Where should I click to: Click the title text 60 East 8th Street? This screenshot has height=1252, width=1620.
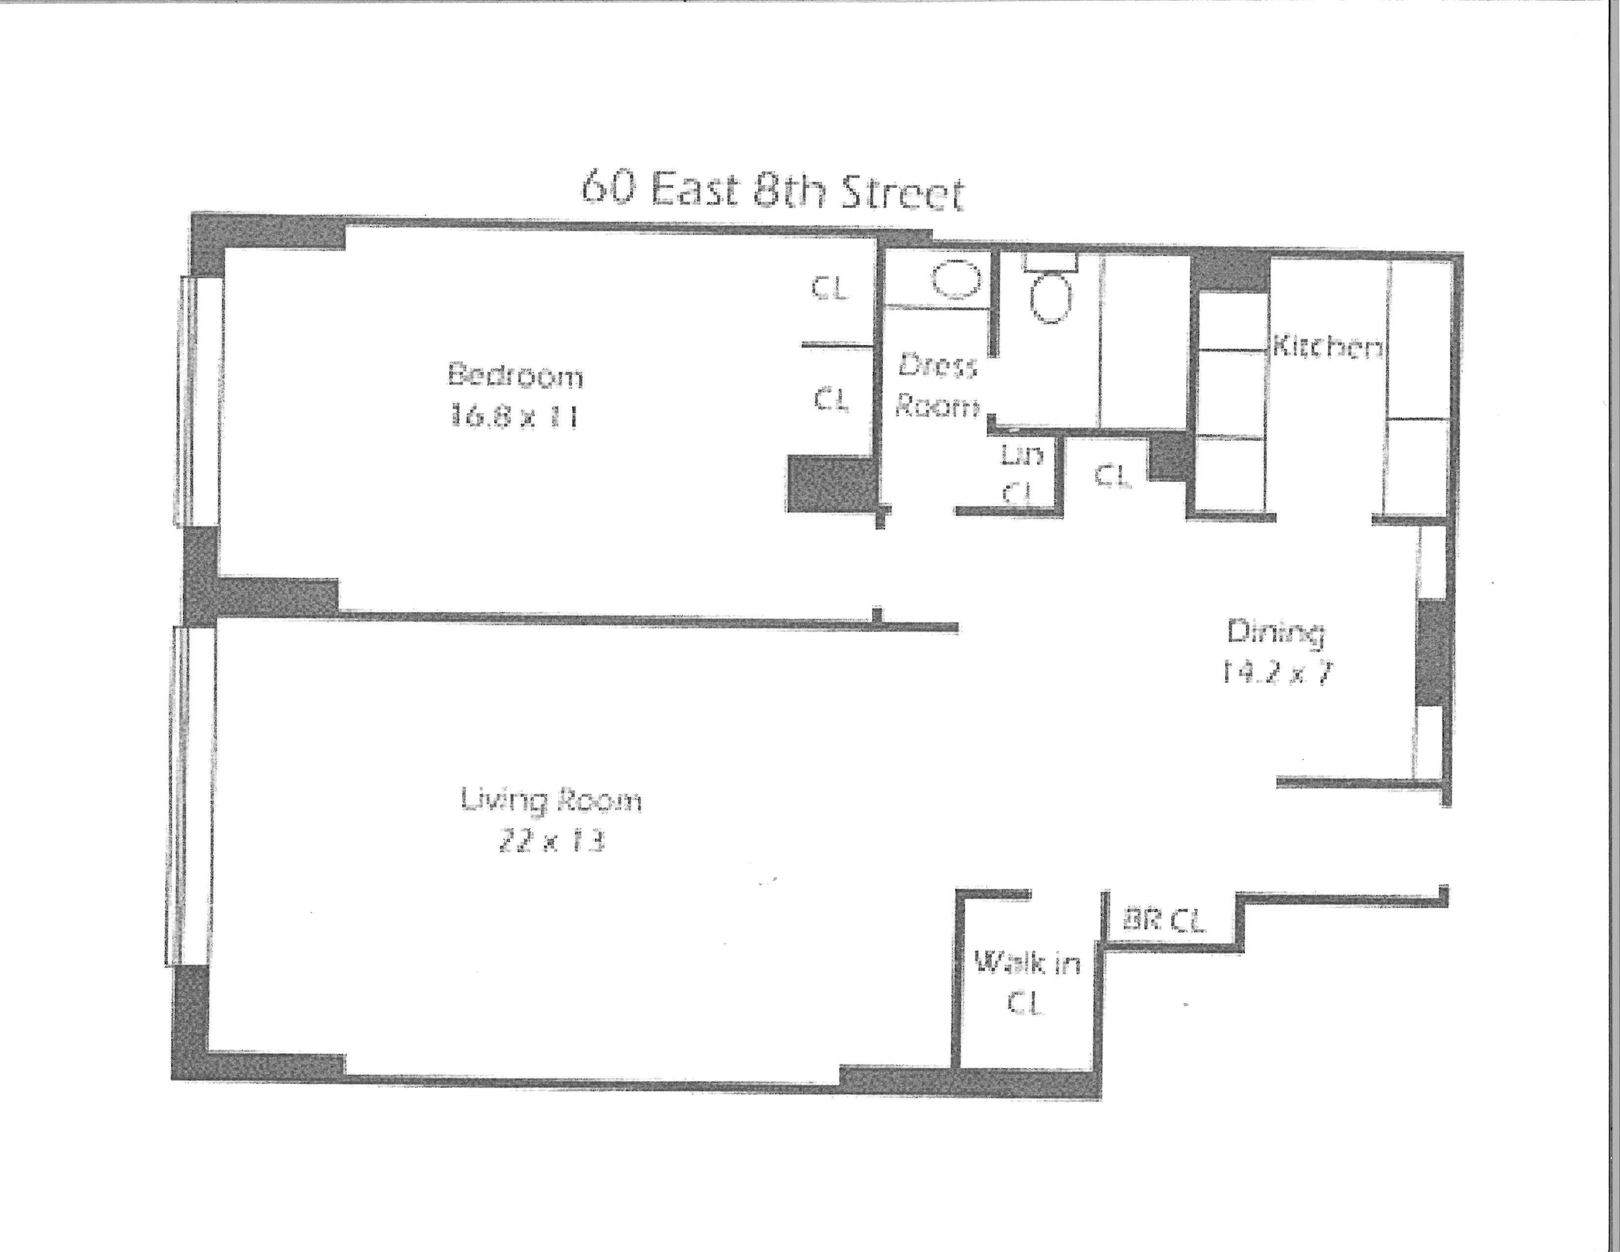point(771,191)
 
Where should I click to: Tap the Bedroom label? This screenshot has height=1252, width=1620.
point(515,375)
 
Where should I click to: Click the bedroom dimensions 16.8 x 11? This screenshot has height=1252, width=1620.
point(514,416)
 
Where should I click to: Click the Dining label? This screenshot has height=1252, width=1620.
point(1276,632)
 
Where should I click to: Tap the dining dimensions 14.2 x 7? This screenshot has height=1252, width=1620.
point(1276,673)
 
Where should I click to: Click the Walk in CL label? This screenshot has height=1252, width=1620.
point(1026,983)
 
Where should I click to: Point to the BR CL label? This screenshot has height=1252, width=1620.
point(1164,921)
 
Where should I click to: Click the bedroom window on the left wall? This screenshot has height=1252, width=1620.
point(200,401)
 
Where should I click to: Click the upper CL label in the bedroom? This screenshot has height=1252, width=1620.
point(829,288)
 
